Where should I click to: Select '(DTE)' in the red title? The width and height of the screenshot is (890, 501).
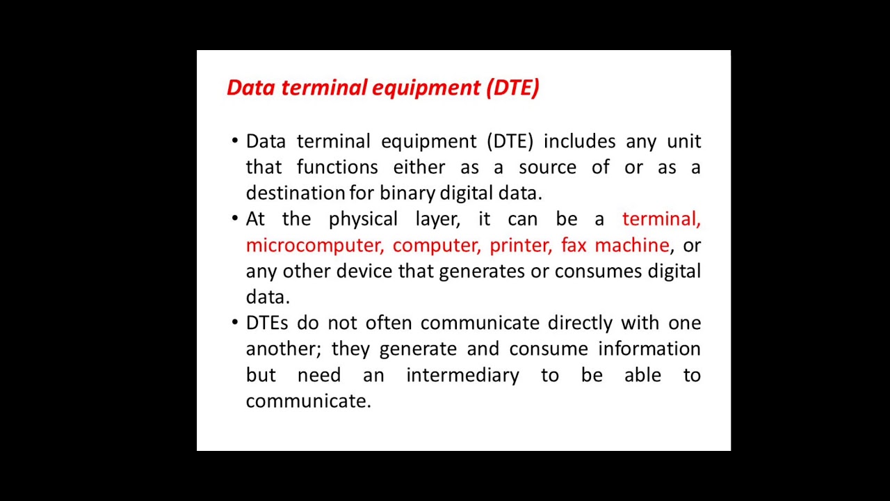tap(512, 88)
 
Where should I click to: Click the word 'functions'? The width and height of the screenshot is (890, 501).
tap(337, 167)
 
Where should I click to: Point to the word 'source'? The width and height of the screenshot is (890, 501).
tap(547, 167)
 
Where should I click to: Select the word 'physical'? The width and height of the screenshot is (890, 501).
tap(364, 219)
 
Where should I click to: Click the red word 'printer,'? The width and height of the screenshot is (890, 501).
tap(521, 245)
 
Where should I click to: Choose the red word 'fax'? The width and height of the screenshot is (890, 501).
tap(574, 245)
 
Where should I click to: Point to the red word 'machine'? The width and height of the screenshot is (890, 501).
tap(631, 245)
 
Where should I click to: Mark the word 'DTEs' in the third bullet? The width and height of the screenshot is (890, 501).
tap(266, 323)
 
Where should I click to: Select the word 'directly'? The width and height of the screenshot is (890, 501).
tap(581, 323)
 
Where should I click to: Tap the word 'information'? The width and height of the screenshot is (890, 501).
tap(649, 349)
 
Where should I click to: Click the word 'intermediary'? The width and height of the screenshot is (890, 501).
tap(462, 375)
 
